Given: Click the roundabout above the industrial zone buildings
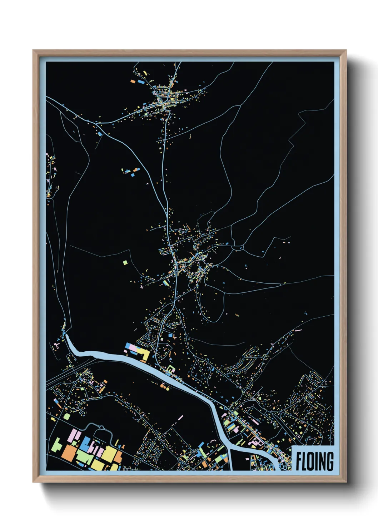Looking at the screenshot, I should (x=101, y=427).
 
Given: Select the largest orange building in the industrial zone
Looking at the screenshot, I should (x=68, y=454).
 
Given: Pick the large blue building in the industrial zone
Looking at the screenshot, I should (x=85, y=443).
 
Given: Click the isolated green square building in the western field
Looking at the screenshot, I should (x=125, y=263).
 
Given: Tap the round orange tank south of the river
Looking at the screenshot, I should (x=163, y=386).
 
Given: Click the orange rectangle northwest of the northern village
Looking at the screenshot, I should (x=133, y=81).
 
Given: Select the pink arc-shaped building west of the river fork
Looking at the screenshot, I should (x=213, y=442).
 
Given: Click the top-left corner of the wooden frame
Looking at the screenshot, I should (x=33, y=50).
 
